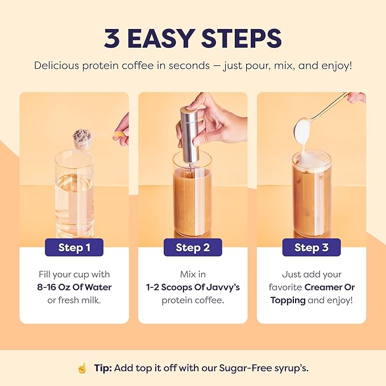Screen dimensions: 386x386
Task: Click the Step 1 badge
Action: pos(74,247)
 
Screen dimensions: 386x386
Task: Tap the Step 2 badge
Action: pos(193,247)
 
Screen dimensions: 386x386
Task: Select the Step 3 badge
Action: pos(312,247)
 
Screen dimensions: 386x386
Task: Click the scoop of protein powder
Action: pos(82,137)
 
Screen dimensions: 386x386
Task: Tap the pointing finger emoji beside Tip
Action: pos(82,368)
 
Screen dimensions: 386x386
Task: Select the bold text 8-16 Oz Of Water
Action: pos(74,287)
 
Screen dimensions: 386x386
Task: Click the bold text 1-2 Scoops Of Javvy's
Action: pos(193,287)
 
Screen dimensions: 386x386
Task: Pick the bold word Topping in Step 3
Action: pos(288,300)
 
